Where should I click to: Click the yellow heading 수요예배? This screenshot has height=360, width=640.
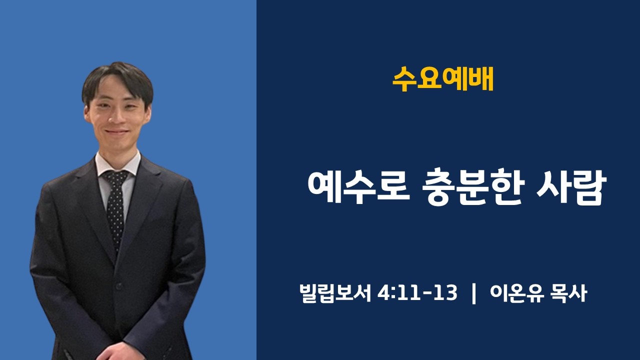coord(443,79)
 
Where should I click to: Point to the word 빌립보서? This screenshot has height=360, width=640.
coord(334,294)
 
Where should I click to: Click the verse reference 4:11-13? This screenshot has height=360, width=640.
coord(417,294)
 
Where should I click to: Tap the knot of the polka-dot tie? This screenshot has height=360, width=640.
coord(115,177)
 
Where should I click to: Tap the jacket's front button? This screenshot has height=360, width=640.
coord(119,286)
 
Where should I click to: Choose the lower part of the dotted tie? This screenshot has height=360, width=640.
coord(115,225)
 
